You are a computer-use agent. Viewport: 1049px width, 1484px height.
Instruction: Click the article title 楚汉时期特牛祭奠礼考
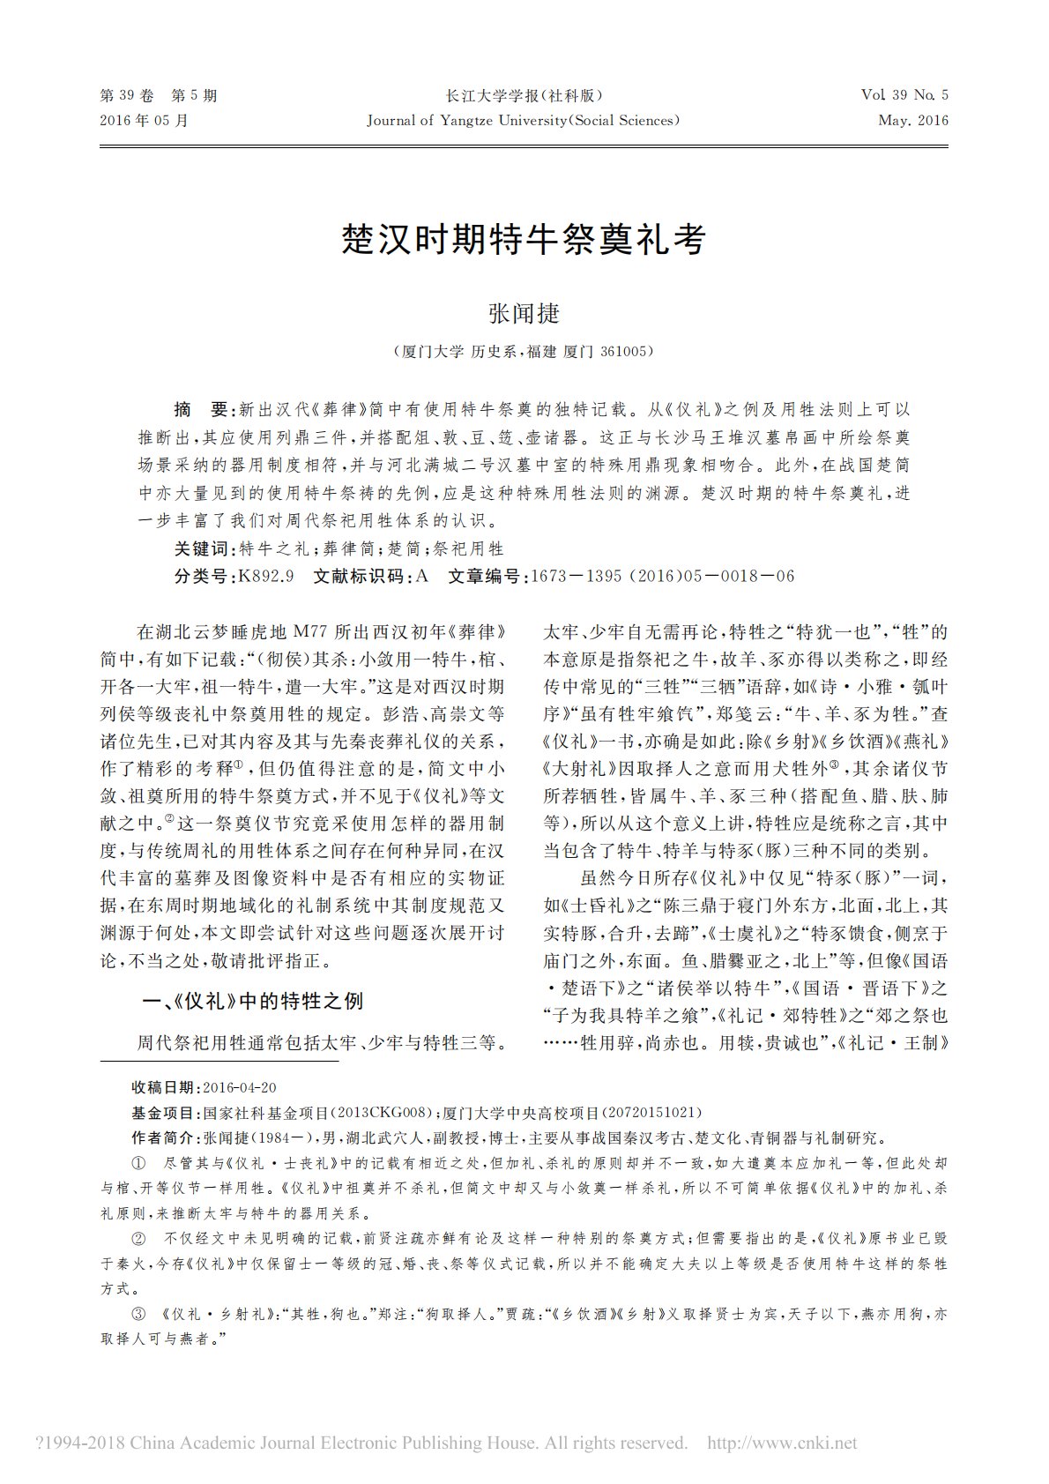tap(524, 239)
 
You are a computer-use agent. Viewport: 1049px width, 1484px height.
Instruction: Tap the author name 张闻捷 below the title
tap(524, 313)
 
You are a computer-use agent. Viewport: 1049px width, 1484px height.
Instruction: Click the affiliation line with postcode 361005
tap(524, 351)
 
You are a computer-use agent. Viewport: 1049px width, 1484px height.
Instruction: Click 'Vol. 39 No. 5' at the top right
tap(904, 96)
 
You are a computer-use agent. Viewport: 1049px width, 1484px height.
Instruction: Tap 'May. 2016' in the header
tap(913, 120)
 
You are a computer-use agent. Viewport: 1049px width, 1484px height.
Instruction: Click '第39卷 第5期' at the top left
tap(159, 96)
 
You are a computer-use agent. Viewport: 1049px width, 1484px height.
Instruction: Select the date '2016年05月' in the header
tap(145, 120)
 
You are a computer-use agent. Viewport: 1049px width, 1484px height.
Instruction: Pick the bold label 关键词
tap(204, 548)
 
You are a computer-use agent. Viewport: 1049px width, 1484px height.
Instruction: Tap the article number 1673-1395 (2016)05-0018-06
tap(662, 576)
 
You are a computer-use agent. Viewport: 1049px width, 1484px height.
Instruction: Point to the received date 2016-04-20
tap(239, 1087)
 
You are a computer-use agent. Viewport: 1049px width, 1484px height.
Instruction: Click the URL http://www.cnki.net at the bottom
tap(782, 1443)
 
